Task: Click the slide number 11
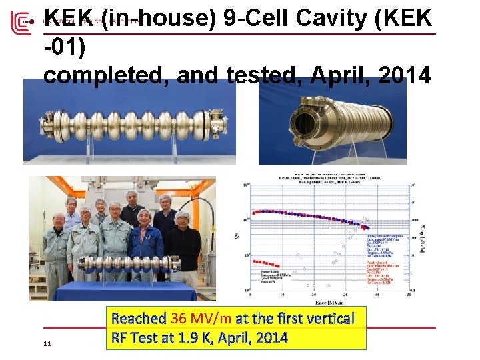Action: click(x=47, y=343)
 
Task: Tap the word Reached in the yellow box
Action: click(x=139, y=319)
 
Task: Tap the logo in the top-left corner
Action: click(x=20, y=22)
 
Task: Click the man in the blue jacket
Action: click(x=145, y=247)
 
